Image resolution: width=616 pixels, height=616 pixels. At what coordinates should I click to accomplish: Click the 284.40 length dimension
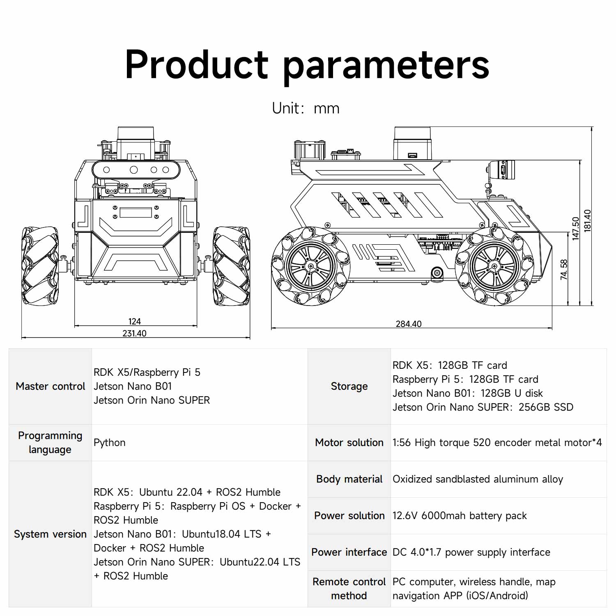(x=408, y=324)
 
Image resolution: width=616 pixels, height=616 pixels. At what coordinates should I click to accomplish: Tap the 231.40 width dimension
(x=134, y=333)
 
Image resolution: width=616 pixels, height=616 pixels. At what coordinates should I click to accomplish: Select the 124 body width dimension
(x=134, y=322)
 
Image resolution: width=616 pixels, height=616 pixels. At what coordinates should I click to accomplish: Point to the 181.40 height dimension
(x=588, y=221)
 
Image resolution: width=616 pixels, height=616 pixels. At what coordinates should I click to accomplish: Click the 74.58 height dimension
(x=564, y=269)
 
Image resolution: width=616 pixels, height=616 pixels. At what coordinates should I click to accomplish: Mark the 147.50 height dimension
(x=576, y=228)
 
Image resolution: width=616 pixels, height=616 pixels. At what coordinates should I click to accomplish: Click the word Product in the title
(x=196, y=64)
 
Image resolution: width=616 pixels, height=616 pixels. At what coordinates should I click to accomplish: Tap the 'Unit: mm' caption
(x=306, y=108)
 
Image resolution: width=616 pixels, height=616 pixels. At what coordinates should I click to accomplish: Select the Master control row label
(x=50, y=386)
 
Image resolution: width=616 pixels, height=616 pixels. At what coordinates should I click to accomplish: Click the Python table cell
(x=110, y=443)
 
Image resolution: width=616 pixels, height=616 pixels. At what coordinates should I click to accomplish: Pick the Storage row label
(x=349, y=386)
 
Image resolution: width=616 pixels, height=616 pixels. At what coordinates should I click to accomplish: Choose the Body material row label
(x=349, y=479)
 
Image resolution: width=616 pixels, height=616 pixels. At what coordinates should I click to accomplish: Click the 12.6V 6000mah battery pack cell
(x=460, y=516)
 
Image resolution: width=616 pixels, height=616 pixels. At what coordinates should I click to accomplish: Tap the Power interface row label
(x=349, y=552)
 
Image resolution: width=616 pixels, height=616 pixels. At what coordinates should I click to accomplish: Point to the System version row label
(x=50, y=534)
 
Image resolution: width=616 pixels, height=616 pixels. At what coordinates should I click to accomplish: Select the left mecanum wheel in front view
(x=40, y=266)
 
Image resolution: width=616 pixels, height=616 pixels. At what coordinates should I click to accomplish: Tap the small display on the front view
(x=136, y=213)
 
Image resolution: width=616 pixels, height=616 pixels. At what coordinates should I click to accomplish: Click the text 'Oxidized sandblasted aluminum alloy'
(x=478, y=479)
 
